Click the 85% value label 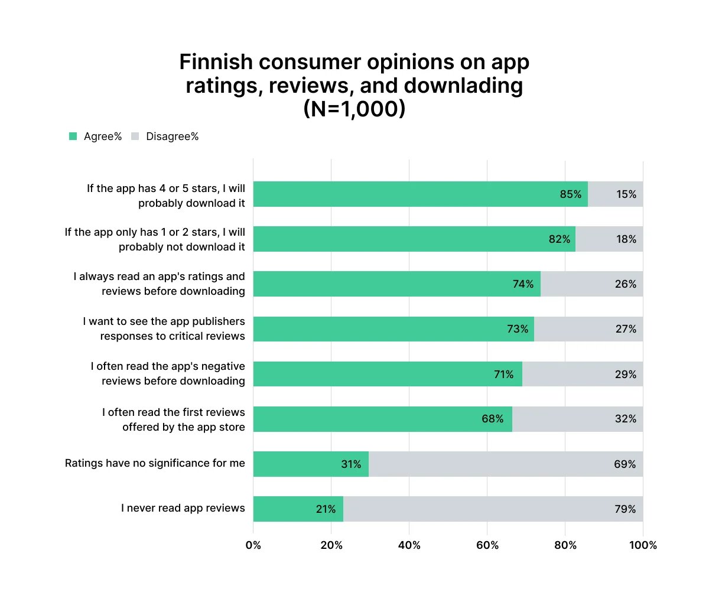[570, 194]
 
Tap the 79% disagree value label [625, 509]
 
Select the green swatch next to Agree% [73, 136]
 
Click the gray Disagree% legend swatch [135, 136]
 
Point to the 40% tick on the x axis [409, 545]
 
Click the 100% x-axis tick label [643, 545]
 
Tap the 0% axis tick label [253, 545]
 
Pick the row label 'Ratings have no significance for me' [155, 463]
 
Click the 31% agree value [351, 464]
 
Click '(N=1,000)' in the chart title [354, 109]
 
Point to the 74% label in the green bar [523, 284]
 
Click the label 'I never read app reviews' [183, 508]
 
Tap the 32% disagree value [625, 419]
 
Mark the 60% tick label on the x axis [487, 545]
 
